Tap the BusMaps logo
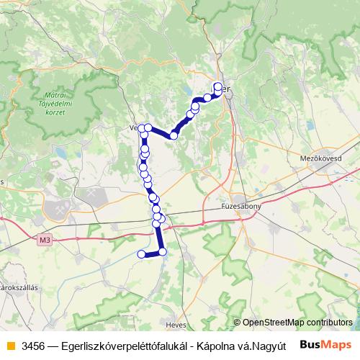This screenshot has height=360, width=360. (325, 344)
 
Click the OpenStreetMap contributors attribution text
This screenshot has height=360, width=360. (297, 323)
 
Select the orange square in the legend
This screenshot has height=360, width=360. (10, 344)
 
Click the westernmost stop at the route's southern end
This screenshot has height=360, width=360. (141, 253)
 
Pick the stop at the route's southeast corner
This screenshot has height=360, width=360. (163, 251)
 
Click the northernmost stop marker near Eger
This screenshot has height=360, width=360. (218, 86)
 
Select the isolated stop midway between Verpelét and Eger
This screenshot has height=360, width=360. (174, 135)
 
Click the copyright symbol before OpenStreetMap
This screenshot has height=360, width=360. (237, 323)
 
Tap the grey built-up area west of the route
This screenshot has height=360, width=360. (61, 209)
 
